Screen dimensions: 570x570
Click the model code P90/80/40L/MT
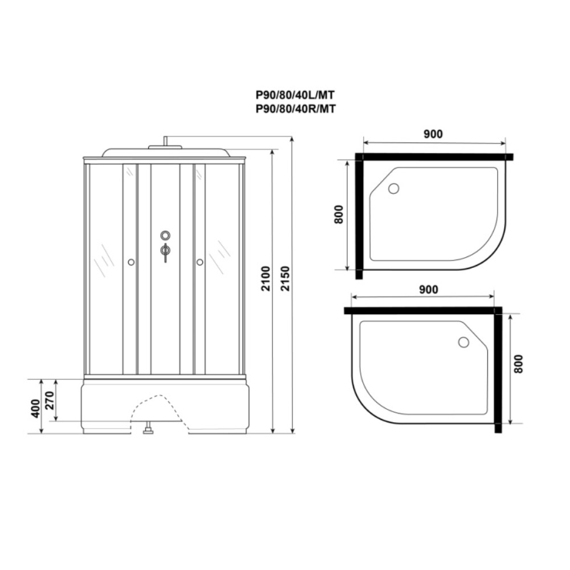click(295, 95)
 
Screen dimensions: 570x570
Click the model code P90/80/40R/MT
click(295, 109)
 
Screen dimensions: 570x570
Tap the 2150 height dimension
click(286, 279)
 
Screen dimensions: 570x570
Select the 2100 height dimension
click(266, 279)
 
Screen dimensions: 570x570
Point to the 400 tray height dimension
click(35, 408)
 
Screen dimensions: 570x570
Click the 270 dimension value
click(50, 401)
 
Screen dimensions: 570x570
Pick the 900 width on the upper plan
click(433, 134)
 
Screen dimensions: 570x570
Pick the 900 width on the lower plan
click(429, 290)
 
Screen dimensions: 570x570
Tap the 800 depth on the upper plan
click(339, 214)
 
